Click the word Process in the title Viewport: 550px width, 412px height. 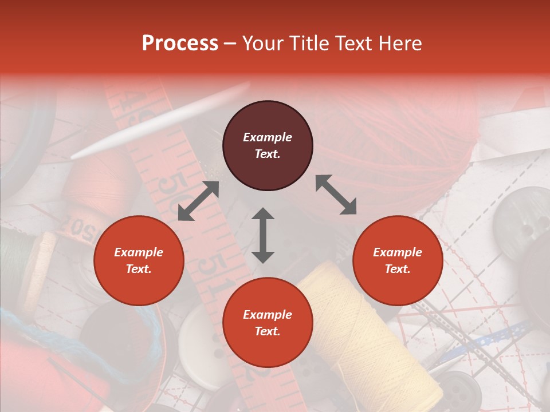coord(180,43)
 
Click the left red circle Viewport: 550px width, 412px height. coord(139,260)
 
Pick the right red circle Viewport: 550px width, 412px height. coord(398,260)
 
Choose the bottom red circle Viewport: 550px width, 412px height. coord(268,322)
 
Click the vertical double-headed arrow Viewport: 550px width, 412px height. coord(263,235)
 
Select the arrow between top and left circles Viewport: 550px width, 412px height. coord(198,201)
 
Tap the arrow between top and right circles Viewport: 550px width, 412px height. coord(336,195)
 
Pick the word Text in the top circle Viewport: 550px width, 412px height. coord(267,154)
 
